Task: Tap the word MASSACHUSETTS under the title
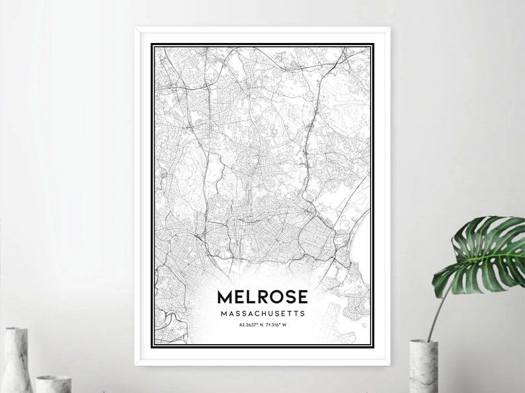click(262, 313)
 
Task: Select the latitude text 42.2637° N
click(249, 324)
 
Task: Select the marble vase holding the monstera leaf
click(423, 367)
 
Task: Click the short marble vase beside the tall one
click(53, 384)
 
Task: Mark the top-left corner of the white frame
click(136, 28)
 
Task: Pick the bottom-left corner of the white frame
click(136, 364)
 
